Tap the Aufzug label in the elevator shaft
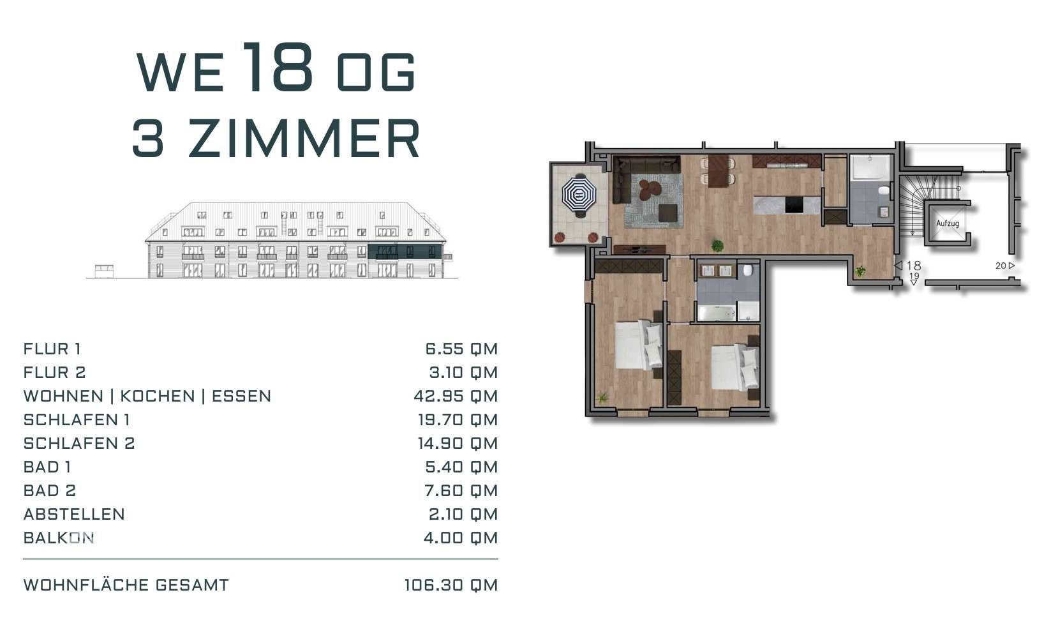point(947,223)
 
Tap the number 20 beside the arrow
point(1000,266)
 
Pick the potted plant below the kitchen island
point(718,245)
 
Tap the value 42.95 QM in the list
point(455,396)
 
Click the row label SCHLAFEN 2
point(79,443)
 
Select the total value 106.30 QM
point(451,585)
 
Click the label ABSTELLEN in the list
point(74,514)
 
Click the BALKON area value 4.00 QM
point(460,538)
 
